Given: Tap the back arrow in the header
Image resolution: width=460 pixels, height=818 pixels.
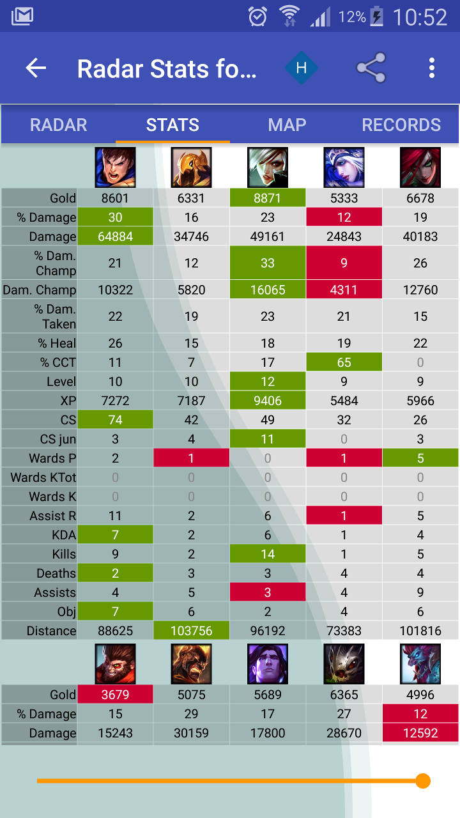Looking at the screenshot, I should [36, 68].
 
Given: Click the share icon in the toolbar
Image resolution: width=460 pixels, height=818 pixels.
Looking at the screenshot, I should [371, 68].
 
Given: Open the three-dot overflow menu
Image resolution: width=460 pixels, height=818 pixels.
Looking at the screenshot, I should [432, 68].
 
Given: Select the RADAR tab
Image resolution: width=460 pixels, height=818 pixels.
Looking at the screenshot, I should [58, 125].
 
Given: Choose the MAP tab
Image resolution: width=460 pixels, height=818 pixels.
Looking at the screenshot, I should [287, 125].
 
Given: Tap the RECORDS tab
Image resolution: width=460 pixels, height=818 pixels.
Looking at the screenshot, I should [401, 125].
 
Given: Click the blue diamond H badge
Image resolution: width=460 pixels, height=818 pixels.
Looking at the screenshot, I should [302, 68].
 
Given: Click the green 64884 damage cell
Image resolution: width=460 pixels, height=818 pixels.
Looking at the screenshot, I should [115, 236].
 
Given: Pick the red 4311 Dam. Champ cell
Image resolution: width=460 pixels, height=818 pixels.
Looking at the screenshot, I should [344, 289].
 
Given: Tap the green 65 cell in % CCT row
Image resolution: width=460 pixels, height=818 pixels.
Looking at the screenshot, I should [344, 362].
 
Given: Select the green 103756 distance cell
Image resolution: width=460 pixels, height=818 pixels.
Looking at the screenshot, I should [191, 631].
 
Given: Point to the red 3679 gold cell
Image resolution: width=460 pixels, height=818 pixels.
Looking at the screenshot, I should [115, 695].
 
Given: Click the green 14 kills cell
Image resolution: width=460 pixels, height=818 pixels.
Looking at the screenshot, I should [267, 554].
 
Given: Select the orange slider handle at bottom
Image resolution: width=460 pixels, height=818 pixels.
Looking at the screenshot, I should [422, 781].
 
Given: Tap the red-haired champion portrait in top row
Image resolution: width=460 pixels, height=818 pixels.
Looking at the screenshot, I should [420, 167].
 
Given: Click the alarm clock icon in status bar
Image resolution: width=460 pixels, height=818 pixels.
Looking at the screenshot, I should [257, 17].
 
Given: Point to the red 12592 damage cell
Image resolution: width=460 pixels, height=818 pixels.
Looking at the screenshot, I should [420, 733].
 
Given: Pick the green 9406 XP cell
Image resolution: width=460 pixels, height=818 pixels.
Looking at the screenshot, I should [267, 401].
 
